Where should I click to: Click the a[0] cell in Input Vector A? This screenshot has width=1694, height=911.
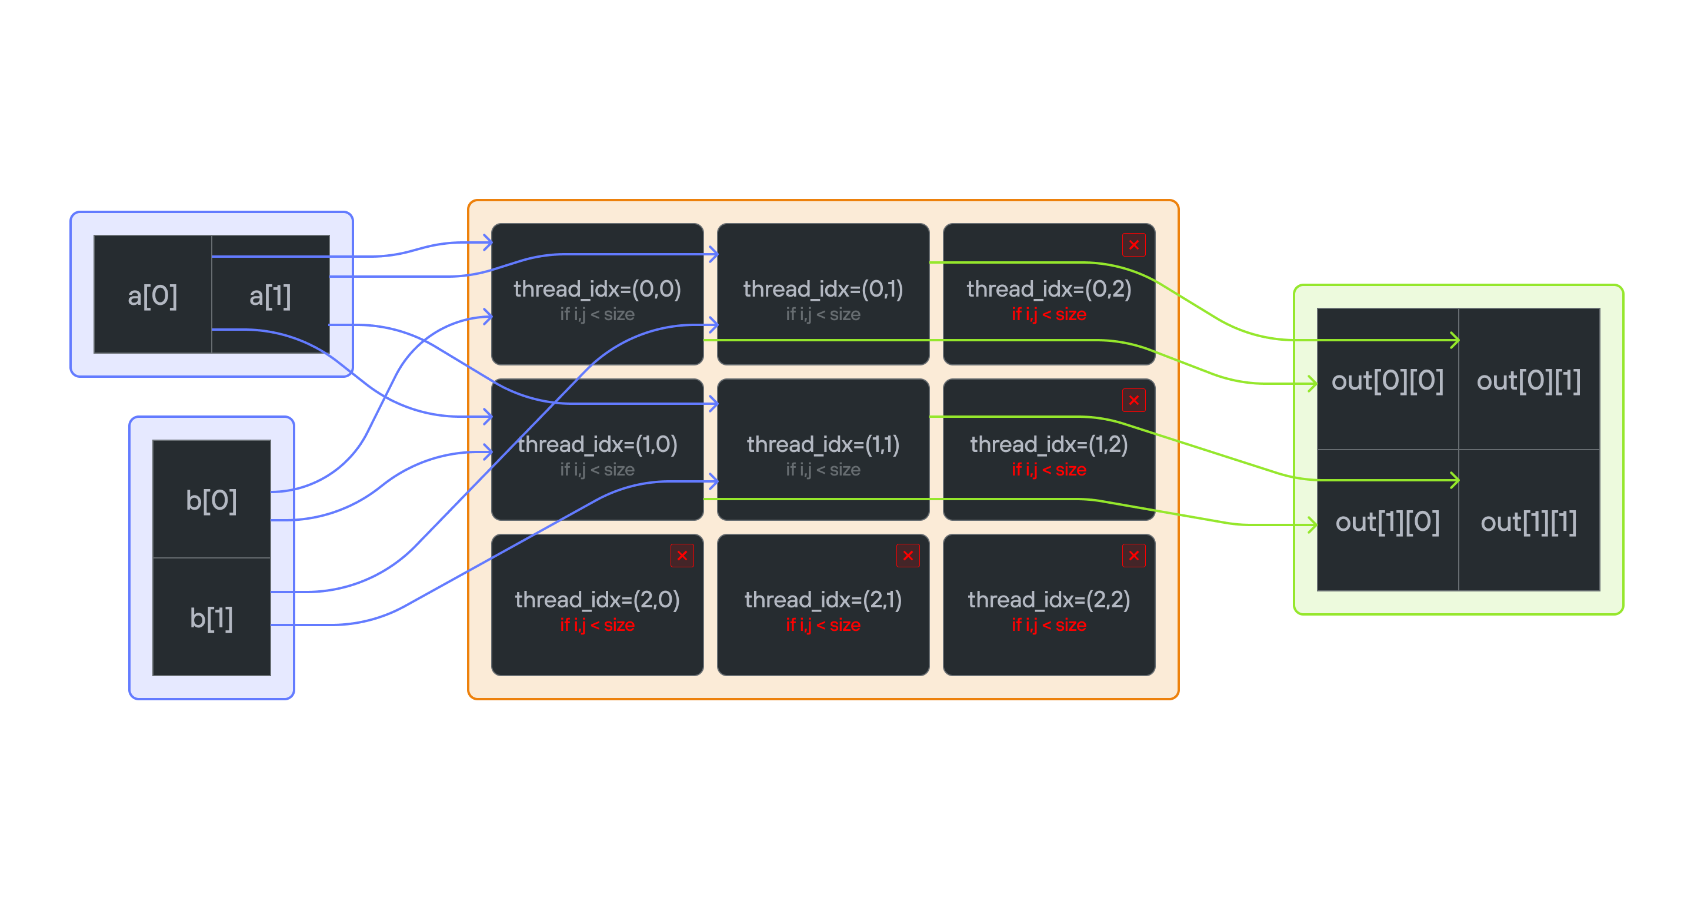click(152, 295)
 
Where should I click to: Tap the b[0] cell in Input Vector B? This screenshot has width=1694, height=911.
click(211, 500)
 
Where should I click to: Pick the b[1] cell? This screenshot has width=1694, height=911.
click(211, 618)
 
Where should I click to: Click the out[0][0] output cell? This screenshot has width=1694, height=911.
click(1388, 380)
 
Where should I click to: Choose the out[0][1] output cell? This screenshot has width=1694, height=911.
click(1529, 380)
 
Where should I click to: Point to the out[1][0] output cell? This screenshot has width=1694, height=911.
click(1388, 521)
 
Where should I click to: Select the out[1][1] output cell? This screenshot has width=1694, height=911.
click(1529, 521)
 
